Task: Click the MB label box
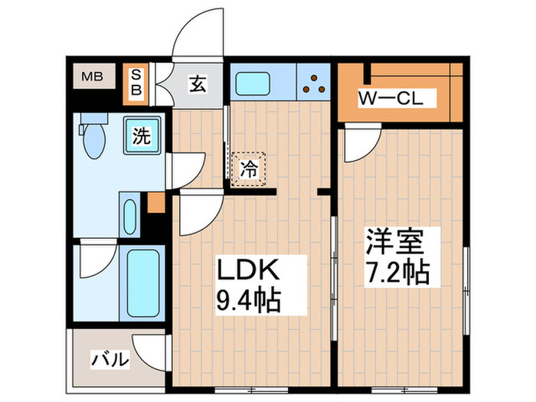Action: point(93,76)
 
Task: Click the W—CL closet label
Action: point(387,99)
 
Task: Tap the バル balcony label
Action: point(108,359)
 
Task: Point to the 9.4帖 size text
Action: point(247,299)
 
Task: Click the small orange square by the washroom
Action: point(156,204)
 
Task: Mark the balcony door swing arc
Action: point(150,349)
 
